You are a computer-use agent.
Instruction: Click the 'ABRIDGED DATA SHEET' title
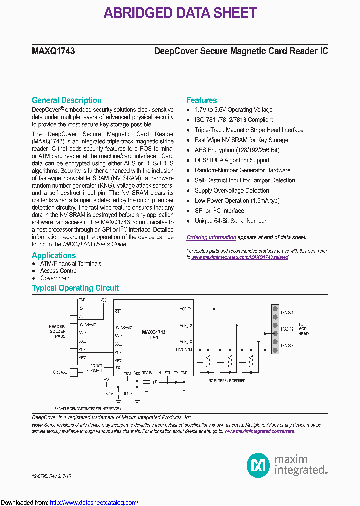pyautogui.click(x=180, y=13)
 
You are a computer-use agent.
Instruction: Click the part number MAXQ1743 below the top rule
pyautogui.click(x=53, y=51)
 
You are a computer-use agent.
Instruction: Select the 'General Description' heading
pyautogui.click(x=66, y=100)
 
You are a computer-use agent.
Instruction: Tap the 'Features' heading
pyautogui.click(x=201, y=100)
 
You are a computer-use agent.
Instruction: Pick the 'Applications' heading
pyautogui.click(x=54, y=255)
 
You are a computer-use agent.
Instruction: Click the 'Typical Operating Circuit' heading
pyautogui.click(x=75, y=288)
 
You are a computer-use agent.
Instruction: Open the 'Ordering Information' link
pyautogui.click(x=211, y=238)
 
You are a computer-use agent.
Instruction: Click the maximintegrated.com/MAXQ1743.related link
pyautogui.click(x=240, y=257)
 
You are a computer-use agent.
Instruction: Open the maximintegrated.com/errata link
pyautogui.click(x=259, y=431)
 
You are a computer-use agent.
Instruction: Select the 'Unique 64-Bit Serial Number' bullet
pyautogui.click(x=230, y=221)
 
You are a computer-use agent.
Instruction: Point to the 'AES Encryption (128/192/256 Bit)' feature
pyautogui.click(x=237, y=150)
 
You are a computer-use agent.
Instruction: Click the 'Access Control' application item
pyautogui.click(x=59, y=271)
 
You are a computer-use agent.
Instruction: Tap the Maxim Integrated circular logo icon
pyautogui.click(x=258, y=465)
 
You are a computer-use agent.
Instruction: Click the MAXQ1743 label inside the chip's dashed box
pyautogui.click(x=153, y=332)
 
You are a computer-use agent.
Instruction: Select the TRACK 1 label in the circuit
pyautogui.click(x=286, y=312)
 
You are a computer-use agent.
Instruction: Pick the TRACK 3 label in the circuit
pyautogui.click(x=286, y=346)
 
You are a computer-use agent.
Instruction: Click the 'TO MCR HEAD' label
pyautogui.click(x=304, y=329)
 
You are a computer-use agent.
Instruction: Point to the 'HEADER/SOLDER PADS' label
pyautogui.click(x=57, y=331)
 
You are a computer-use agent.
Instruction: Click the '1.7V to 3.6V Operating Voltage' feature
pyautogui.click(x=233, y=110)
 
